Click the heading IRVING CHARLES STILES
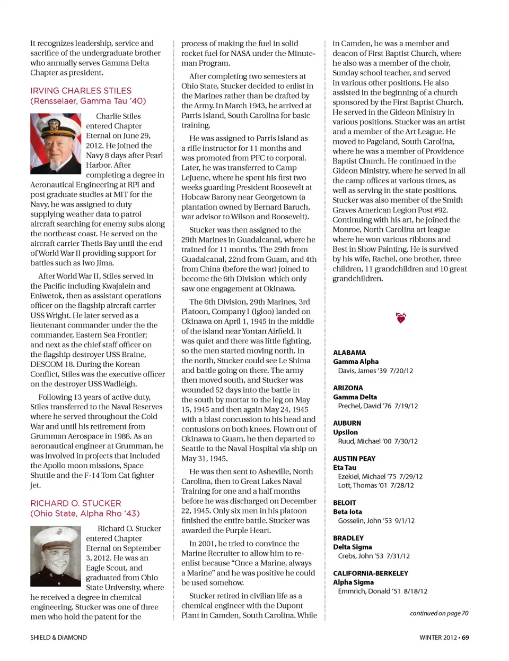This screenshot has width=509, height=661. click(x=81, y=91)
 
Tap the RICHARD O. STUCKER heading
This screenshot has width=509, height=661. click(x=75, y=503)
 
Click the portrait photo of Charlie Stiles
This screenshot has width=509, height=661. click(x=56, y=144)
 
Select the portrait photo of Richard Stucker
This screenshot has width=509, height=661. click(x=56, y=556)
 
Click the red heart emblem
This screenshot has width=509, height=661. click(x=401, y=318)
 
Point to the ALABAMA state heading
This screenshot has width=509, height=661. click(x=349, y=353)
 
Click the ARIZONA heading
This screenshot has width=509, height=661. click(x=348, y=388)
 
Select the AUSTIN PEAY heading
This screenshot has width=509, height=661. click(x=354, y=459)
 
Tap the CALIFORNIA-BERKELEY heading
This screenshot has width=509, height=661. click(x=371, y=573)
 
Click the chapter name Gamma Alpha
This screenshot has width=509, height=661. click(x=356, y=362)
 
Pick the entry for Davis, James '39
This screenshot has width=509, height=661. click(x=375, y=371)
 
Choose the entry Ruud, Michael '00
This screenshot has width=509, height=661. click(x=378, y=441)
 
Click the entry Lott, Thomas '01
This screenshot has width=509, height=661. click(x=376, y=485)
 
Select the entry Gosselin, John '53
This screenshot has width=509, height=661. click(x=376, y=520)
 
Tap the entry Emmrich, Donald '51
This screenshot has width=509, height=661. click(x=382, y=591)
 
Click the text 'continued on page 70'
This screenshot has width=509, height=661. click(x=439, y=613)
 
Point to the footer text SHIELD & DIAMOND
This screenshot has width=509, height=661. click(x=58, y=638)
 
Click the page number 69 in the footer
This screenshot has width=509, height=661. click(x=465, y=638)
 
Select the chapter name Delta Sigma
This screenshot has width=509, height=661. click(x=353, y=547)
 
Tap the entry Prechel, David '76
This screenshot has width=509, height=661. click(x=378, y=406)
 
